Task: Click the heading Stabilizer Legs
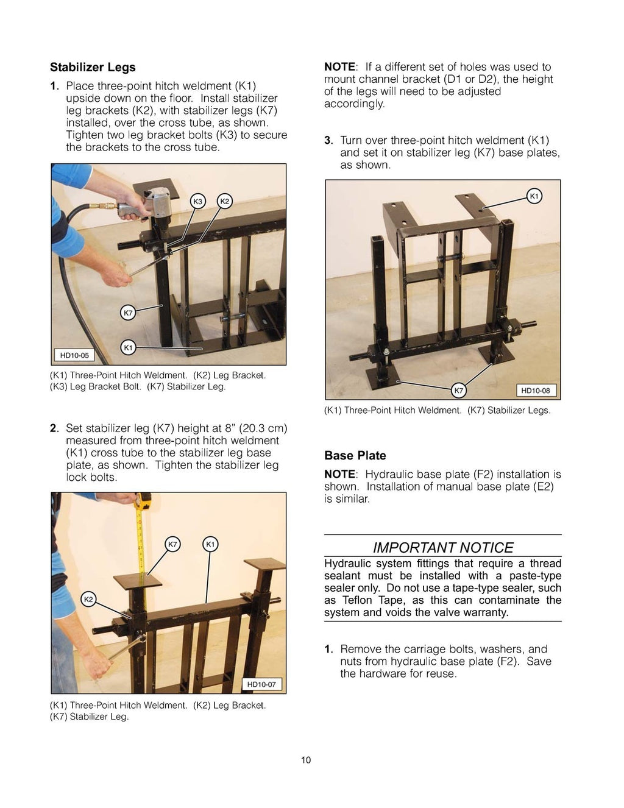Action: point(93,68)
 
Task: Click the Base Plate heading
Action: point(355,456)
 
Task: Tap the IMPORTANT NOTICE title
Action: point(442,547)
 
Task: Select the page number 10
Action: point(306,760)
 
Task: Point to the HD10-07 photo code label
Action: point(261,684)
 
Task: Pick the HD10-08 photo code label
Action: point(536,391)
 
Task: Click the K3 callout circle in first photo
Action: point(198,202)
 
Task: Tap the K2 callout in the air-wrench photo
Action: point(224,202)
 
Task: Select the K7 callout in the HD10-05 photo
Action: point(128,313)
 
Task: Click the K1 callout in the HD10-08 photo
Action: point(534,196)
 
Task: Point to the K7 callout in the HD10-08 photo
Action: point(459,391)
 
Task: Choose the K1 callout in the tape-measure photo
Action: point(210,544)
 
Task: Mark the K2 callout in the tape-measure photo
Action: point(88,600)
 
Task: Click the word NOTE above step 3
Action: point(339,67)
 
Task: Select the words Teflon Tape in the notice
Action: point(368,600)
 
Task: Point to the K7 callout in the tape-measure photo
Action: point(173,544)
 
